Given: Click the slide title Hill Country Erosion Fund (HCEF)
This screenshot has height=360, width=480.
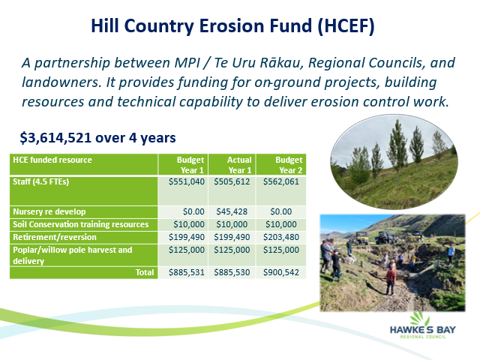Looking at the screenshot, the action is coord(232,26).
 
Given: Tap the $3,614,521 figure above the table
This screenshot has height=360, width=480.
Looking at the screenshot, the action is coord(55,138).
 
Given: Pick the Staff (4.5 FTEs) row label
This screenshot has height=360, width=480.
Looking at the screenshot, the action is coord(41,181).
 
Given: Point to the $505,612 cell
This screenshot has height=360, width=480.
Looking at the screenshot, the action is coord(232,181).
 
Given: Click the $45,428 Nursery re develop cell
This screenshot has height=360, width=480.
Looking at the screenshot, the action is coord(232,211).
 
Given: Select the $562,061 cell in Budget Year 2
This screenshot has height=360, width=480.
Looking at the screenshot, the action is coord(281,181).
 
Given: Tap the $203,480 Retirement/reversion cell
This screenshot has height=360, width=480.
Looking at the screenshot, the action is coord(281,237).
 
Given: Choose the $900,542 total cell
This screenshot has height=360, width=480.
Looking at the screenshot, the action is coord(281,272).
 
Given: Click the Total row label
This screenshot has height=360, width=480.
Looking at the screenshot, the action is coord(145,272).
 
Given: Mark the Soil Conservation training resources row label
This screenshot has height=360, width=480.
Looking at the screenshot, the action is coord(80,224).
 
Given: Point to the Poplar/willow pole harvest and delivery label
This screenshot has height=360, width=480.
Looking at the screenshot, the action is coord(73,255).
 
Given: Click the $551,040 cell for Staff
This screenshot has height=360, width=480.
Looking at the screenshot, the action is coord(187,181).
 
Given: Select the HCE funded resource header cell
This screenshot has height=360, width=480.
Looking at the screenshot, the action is coord(52,160).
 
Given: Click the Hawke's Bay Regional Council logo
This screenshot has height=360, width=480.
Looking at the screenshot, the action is coord(423,325).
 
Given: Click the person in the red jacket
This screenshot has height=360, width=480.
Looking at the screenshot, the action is coord(390,280).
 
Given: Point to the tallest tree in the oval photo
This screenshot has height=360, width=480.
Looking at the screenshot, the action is coord(398,151).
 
